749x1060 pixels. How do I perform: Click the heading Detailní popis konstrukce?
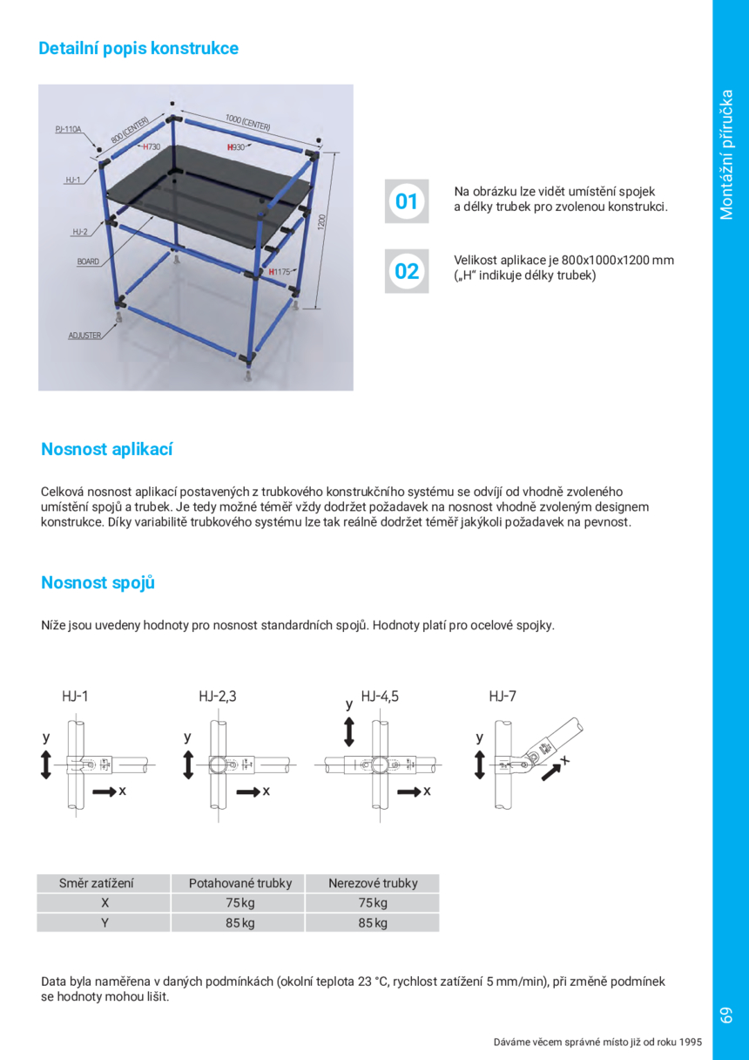pyautogui.click(x=138, y=49)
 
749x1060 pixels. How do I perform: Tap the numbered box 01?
pyautogui.click(x=407, y=201)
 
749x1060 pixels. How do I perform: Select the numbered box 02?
pyautogui.click(x=407, y=271)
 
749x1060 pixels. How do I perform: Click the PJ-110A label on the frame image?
pyautogui.click(x=68, y=130)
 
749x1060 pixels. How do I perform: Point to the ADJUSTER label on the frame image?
pyautogui.click(x=84, y=336)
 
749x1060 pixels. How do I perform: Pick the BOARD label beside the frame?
pyautogui.click(x=88, y=262)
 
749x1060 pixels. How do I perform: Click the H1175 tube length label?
pyautogui.click(x=280, y=272)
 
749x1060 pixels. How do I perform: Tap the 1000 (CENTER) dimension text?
pyautogui.click(x=247, y=122)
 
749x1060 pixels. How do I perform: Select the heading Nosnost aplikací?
pyautogui.click(x=107, y=450)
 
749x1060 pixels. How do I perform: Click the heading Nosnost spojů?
pyautogui.click(x=98, y=583)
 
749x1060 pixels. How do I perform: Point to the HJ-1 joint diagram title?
pyautogui.click(x=75, y=696)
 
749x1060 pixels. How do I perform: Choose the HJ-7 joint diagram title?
pyautogui.click(x=503, y=696)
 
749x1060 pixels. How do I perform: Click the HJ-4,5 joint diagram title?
pyautogui.click(x=380, y=696)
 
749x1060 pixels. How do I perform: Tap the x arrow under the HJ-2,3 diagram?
pyautogui.click(x=251, y=791)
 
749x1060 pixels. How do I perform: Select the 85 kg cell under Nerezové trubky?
pyautogui.click(x=373, y=923)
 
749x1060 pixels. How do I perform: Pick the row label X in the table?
pyautogui.click(x=104, y=903)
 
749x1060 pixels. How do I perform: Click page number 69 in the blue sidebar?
pyautogui.click(x=726, y=1015)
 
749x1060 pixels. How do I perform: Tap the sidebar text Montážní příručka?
pyautogui.click(x=727, y=155)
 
